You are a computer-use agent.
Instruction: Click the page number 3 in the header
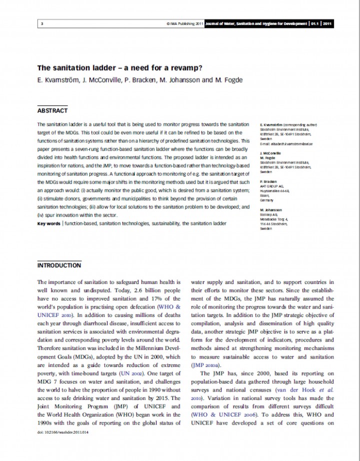click(x=42, y=23)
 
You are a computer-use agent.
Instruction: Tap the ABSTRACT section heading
click(x=52, y=110)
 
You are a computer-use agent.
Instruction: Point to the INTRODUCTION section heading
click(x=59, y=265)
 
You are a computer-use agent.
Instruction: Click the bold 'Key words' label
click(x=49, y=223)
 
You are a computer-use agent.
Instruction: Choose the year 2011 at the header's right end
click(x=327, y=23)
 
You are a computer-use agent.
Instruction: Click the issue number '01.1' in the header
click(x=315, y=23)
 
